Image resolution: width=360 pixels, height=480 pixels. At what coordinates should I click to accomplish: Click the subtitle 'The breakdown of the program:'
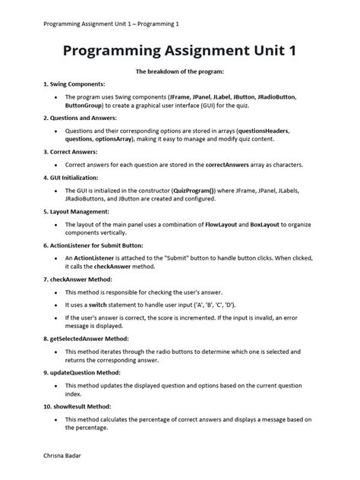pyautogui.click(x=179, y=71)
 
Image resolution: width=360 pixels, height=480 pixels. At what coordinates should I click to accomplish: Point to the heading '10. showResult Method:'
pyautogui.click(x=78, y=407)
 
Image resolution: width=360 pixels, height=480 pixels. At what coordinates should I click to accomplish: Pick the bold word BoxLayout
pyautogui.click(x=266, y=225)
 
